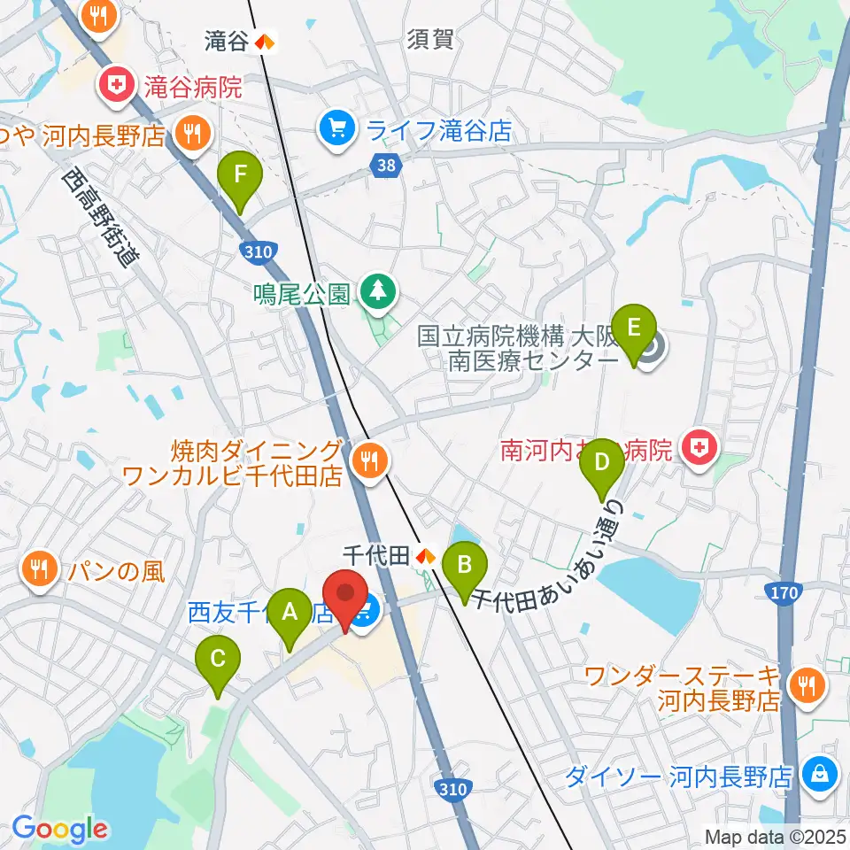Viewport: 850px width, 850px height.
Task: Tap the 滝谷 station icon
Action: (x=264, y=40)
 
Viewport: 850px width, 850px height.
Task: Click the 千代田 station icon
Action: (x=425, y=556)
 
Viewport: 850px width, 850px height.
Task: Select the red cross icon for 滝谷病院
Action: (x=116, y=87)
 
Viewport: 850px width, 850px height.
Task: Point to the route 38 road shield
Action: (x=382, y=164)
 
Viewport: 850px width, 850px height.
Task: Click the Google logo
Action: (x=60, y=829)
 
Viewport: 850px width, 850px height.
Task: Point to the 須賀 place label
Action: (x=431, y=39)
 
